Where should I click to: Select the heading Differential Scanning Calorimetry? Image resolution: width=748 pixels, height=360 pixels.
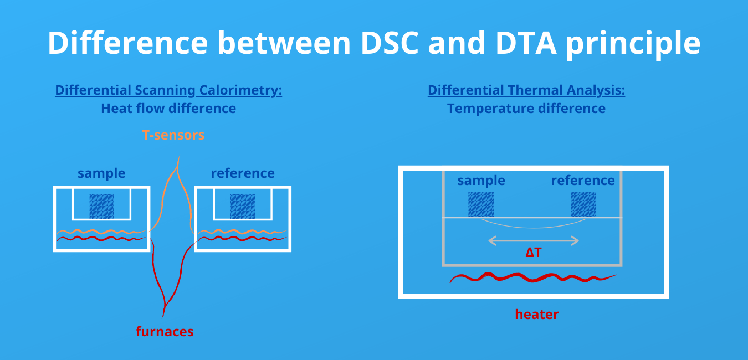[x=168, y=90]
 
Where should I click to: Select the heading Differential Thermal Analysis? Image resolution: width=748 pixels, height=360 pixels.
[x=526, y=90]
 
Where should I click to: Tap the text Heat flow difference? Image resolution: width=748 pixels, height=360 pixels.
[x=168, y=109]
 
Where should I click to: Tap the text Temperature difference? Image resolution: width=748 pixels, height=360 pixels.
[x=526, y=109]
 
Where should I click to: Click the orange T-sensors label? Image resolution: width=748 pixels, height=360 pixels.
[x=173, y=135]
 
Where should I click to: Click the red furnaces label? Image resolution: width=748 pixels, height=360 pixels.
[x=165, y=332]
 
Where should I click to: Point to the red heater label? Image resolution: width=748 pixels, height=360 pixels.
[x=536, y=315]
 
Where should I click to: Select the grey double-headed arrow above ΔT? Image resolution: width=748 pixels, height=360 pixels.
[x=533, y=240]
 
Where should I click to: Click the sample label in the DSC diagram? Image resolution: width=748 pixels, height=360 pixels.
[x=101, y=173]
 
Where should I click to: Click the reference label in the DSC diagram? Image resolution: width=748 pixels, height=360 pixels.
[x=243, y=173]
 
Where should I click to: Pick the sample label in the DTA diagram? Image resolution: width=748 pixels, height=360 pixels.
[x=481, y=181]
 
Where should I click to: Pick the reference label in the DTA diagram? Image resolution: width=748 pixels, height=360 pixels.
[x=583, y=181]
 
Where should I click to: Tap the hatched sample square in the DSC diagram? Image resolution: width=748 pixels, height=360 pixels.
[x=101, y=206]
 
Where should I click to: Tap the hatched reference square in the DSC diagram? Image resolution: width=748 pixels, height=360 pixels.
[x=243, y=206]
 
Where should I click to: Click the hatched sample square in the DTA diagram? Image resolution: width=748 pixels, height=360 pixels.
[x=480, y=204]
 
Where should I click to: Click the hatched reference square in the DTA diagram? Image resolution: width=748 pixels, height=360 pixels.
[x=583, y=204]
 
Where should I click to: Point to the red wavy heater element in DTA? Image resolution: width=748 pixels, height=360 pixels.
[x=532, y=277]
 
